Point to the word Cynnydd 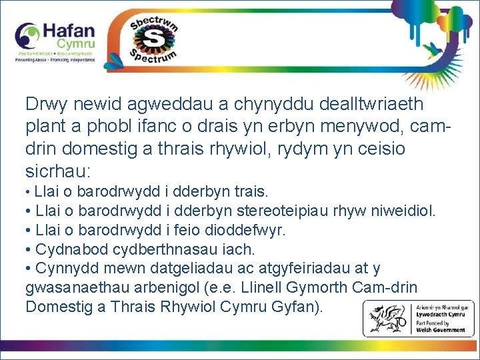point(64,269)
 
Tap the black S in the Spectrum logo point(155,39)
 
